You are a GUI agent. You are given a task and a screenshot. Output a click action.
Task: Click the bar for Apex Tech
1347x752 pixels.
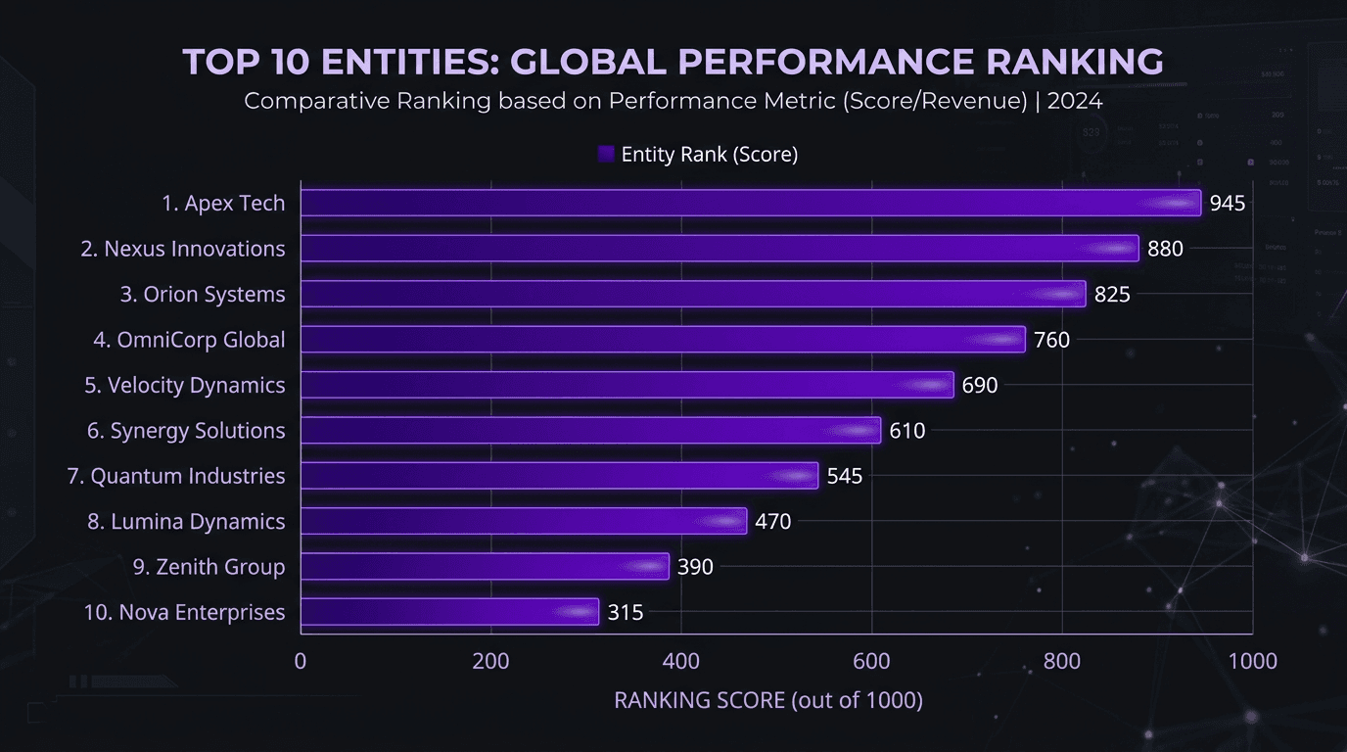[x=750, y=203]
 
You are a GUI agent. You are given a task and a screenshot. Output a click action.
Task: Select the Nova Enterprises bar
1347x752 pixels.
[x=448, y=612]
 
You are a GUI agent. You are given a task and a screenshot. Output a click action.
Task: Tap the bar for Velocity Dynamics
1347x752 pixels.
[x=627, y=385]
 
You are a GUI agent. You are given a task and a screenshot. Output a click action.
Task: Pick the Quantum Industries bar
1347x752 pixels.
[x=558, y=476]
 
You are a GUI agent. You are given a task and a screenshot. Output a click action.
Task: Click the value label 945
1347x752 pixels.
[x=1227, y=204]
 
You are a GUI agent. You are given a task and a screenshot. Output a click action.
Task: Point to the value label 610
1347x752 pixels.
[x=907, y=431]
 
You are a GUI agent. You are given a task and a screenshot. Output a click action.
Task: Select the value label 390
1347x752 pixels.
[x=695, y=567]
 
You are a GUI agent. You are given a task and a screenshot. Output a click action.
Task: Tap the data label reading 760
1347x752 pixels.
[x=1052, y=340]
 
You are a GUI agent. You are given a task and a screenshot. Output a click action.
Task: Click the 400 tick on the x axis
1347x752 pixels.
[x=680, y=662]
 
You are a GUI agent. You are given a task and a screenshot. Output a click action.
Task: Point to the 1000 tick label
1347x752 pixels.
[x=1252, y=662]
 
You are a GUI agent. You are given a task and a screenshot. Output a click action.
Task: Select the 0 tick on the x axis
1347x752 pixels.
[x=301, y=662]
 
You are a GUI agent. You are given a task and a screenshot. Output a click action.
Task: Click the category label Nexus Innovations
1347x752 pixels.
[x=183, y=249]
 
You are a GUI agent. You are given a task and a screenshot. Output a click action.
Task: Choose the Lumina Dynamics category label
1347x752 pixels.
[x=186, y=522]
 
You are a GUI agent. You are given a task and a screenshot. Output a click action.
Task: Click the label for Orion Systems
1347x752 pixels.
[x=203, y=295]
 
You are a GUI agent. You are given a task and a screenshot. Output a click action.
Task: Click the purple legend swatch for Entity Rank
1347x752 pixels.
[x=605, y=155]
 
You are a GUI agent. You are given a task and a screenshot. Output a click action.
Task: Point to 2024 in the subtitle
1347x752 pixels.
[x=1075, y=101]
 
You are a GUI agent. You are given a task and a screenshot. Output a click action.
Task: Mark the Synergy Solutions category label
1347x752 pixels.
[x=186, y=431]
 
